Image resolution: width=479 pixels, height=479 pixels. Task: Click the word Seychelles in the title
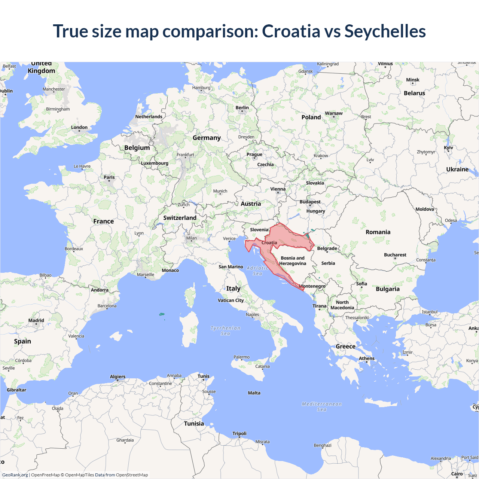[385, 31]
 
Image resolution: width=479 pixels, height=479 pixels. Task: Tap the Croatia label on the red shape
[269, 243]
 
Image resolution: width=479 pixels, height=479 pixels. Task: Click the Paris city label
[109, 177]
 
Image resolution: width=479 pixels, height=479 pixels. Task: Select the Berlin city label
[242, 108]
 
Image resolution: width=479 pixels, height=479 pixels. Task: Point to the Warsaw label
[333, 113]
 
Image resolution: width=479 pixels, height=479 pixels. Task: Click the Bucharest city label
[395, 255]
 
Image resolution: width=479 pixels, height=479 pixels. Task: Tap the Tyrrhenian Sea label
[225, 331]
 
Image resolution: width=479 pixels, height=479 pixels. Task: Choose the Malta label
[254, 393]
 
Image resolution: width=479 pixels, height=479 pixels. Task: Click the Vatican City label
[231, 300]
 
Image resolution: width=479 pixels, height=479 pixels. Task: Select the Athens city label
[366, 359]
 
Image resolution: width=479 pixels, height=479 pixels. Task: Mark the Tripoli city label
[239, 434]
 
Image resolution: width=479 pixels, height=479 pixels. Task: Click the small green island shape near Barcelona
[162, 314]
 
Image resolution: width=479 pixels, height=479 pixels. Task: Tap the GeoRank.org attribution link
[15, 475]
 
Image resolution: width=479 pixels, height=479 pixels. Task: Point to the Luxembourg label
[155, 163]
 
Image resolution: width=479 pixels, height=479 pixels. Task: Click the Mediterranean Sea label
[322, 407]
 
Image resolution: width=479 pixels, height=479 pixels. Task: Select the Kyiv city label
[448, 148]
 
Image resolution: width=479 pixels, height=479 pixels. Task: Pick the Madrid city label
[36, 321]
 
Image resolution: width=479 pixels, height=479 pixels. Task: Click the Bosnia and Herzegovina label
[293, 261]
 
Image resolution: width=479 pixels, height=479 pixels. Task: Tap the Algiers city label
[118, 377]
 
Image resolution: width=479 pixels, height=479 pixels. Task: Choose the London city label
[79, 128]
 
